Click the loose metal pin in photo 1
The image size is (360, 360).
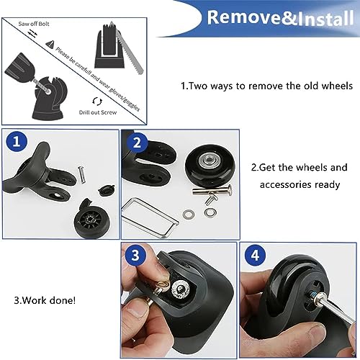tap(83, 173)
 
